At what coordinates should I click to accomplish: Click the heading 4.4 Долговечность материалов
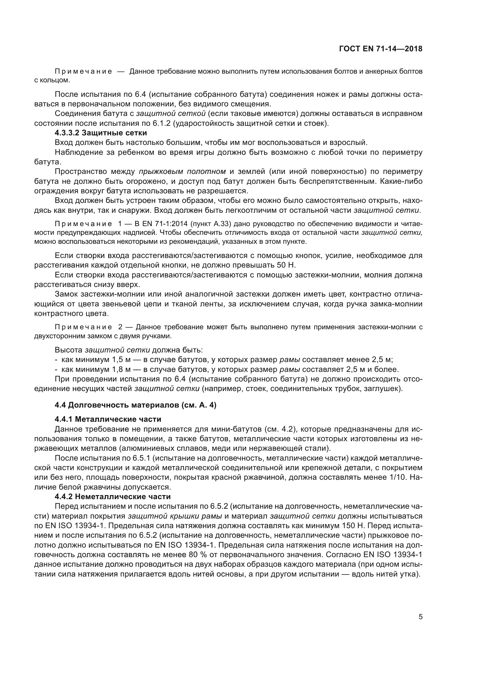[x=135, y=405]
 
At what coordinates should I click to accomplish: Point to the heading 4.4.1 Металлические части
[x=108, y=419]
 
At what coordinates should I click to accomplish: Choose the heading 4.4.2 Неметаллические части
[x=113, y=497]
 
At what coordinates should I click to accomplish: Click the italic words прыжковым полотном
[x=182, y=172]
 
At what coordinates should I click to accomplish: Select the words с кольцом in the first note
[x=52, y=80]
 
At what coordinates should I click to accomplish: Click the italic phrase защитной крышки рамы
[x=175, y=516]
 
